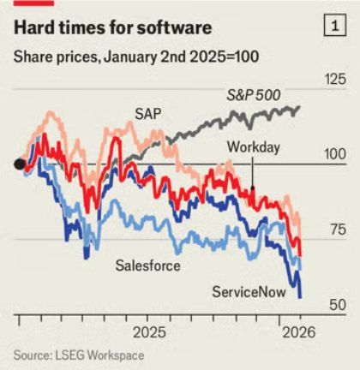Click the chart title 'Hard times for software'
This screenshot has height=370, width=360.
point(112,28)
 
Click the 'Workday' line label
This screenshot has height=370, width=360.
point(253,147)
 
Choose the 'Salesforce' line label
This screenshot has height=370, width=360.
point(147,266)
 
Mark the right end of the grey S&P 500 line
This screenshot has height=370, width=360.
point(299,109)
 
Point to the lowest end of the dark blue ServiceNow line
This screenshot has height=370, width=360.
point(300,296)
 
